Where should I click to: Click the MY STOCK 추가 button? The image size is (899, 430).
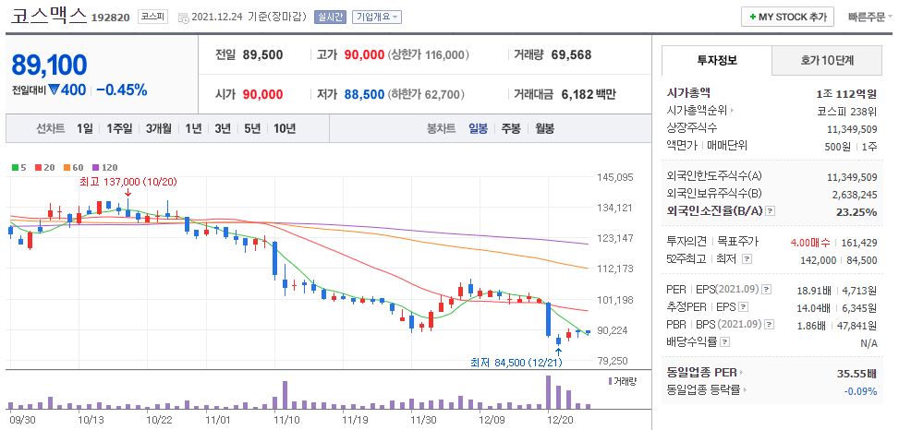(788, 17)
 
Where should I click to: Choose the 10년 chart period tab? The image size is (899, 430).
(285, 128)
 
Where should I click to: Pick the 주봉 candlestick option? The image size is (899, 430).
(510, 128)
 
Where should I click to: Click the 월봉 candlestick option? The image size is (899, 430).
(543, 128)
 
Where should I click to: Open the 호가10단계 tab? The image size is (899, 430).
(827, 61)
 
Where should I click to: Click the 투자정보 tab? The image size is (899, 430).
(717, 61)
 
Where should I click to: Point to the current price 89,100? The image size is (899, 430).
(50, 65)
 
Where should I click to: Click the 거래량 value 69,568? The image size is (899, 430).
(571, 54)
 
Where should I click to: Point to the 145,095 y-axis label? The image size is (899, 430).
(614, 177)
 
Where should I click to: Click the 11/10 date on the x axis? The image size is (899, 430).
(286, 419)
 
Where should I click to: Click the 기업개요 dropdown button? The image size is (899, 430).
(377, 18)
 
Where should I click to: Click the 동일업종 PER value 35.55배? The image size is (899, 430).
(855, 374)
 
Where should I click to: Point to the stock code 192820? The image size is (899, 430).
(112, 17)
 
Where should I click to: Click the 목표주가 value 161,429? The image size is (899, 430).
(857, 242)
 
